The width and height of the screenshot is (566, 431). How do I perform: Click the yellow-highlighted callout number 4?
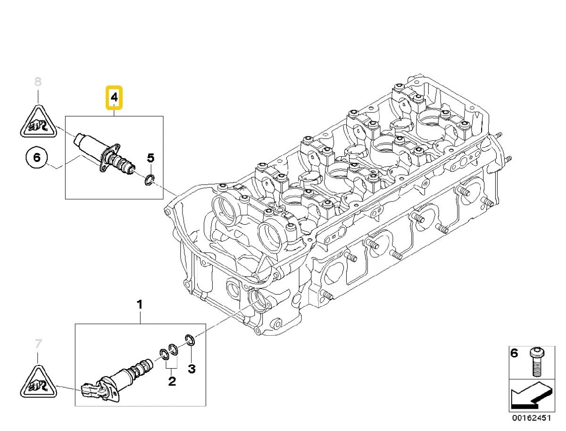click(x=114, y=98)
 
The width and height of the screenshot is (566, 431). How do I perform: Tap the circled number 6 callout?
click(x=37, y=157)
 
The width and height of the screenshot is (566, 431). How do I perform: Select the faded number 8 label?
click(x=38, y=82)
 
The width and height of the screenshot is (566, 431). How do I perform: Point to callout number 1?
click(x=140, y=305)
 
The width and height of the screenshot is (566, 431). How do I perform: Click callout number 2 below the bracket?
click(x=172, y=381)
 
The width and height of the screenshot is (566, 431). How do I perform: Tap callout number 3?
click(x=191, y=369)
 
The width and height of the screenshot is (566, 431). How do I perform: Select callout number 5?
click(x=150, y=158)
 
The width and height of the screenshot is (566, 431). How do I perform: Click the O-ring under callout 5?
click(x=149, y=179)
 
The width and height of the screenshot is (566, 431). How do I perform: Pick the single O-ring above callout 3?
click(x=190, y=339)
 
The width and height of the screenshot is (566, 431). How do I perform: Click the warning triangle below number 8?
click(x=38, y=123)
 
